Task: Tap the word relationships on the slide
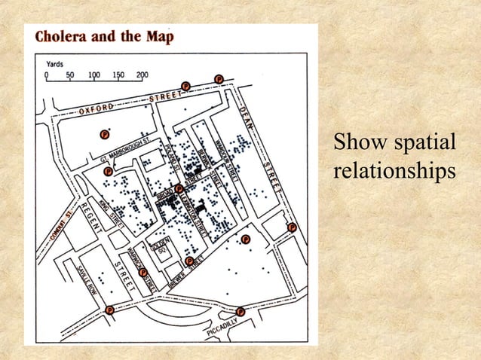coord(394,170)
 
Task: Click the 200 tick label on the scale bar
coord(142,75)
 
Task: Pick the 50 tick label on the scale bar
coord(71,75)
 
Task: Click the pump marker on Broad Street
coord(179,188)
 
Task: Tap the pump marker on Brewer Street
coord(189,261)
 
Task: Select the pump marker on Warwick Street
coord(142,272)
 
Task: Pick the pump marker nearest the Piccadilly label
coord(240,311)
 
